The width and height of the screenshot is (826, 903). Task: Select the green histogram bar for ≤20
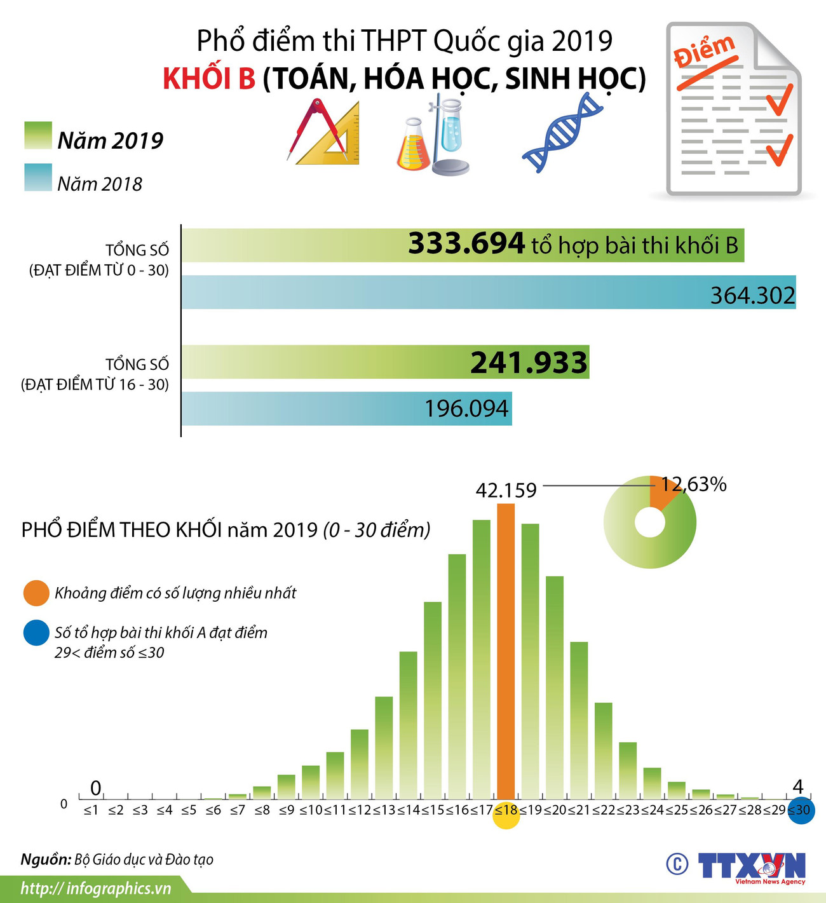click(x=555, y=686)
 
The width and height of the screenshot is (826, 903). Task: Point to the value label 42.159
click(x=506, y=490)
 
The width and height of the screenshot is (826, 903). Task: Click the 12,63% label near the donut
click(x=694, y=484)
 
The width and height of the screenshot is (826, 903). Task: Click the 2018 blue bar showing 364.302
click(x=488, y=292)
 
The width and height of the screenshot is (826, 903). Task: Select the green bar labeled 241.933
click(x=385, y=362)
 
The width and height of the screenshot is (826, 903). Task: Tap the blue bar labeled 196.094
click(x=346, y=408)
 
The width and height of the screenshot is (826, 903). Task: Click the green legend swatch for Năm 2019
click(x=38, y=135)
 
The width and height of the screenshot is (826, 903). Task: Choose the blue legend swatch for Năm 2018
click(x=38, y=177)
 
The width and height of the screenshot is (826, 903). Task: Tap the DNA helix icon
click(x=562, y=132)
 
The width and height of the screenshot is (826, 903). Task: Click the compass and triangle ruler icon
click(x=324, y=132)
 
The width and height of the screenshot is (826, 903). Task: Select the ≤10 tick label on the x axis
click(x=311, y=810)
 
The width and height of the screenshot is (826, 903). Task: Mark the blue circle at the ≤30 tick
click(x=801, y=810)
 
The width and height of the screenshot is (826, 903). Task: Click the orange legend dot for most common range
click(x=36, y=593)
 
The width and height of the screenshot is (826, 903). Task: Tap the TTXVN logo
click(x=751, y=866)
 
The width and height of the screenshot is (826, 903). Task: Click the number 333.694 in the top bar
click(x=466, y=243)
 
